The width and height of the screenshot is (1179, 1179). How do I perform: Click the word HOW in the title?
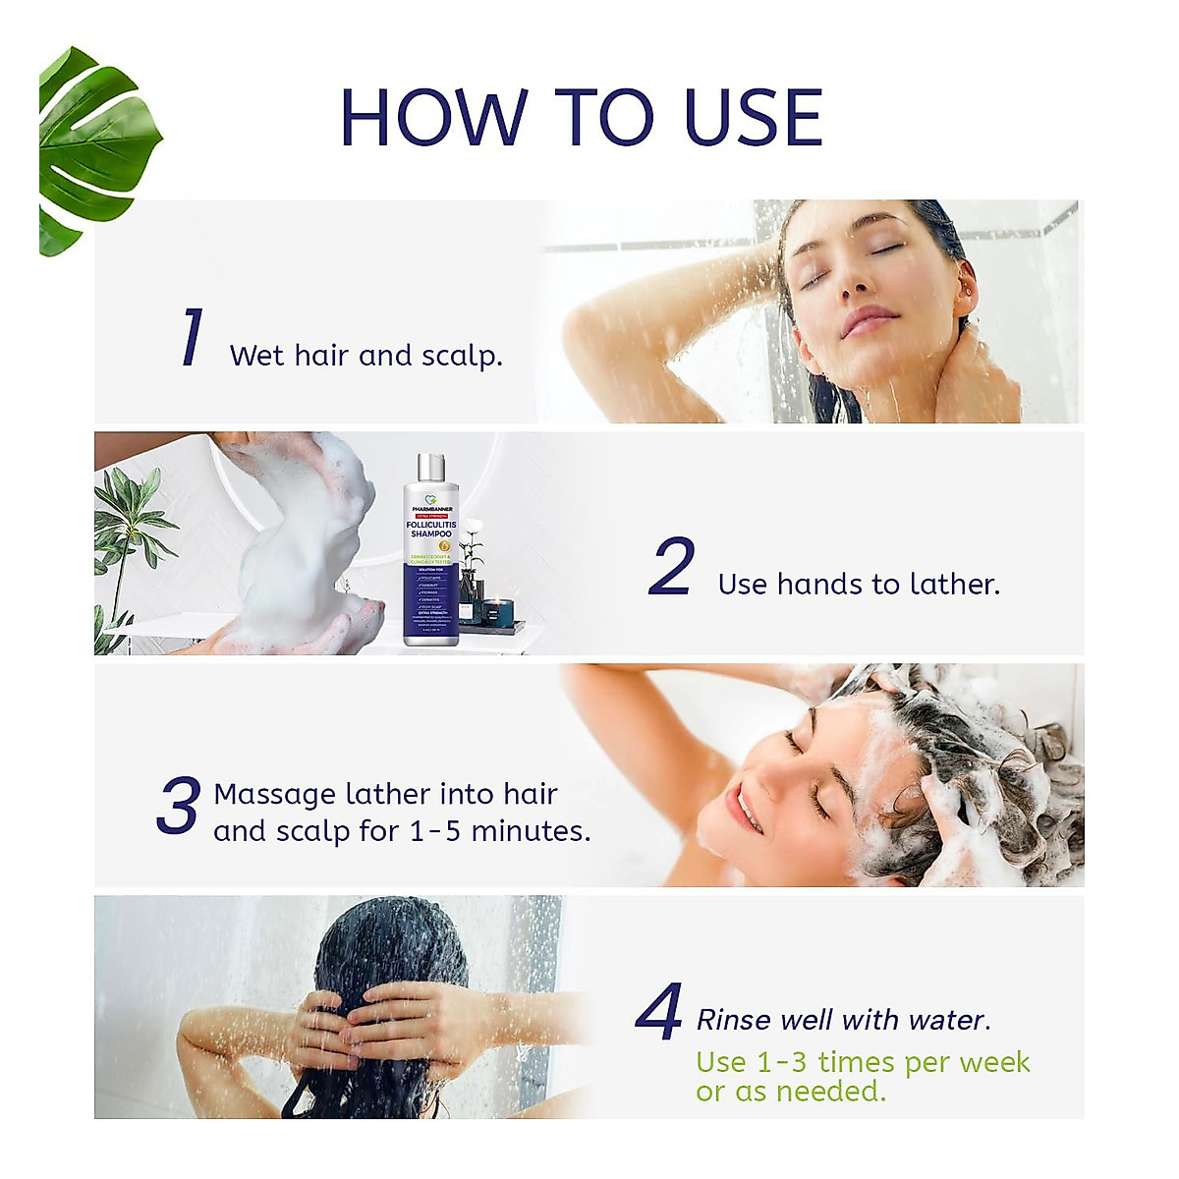[433, 118]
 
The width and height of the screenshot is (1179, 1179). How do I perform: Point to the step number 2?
[672, 568]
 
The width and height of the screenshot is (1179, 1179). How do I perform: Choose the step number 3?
[179, 807]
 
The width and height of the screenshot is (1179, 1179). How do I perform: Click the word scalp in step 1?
[461, 356]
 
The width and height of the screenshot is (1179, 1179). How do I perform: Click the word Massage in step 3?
[274, 794]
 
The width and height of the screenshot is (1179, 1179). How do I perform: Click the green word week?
[994, 1063]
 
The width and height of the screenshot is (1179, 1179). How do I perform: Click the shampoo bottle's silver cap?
[430, 469]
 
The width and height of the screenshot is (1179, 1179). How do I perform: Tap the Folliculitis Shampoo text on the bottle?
[430, 530]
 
